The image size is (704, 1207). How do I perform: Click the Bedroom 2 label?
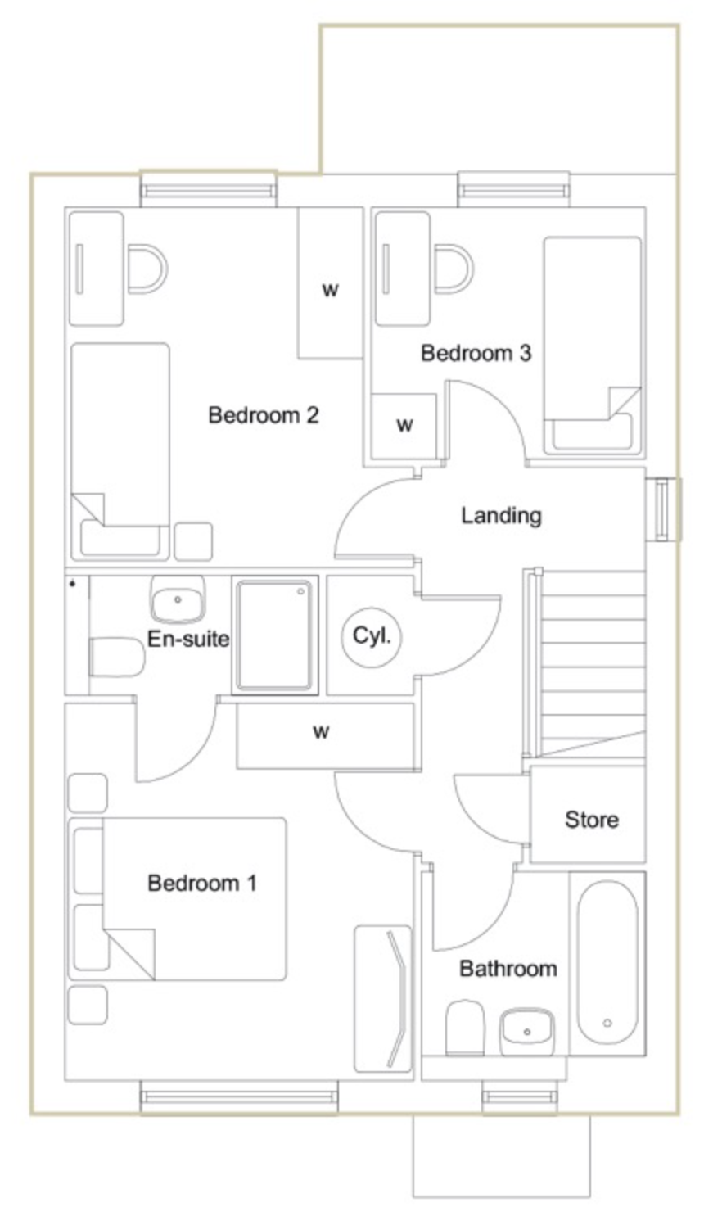264,415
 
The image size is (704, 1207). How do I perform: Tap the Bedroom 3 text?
476,353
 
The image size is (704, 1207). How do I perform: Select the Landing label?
502,516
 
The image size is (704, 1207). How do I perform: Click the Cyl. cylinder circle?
371,637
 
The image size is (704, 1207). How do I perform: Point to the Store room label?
592,820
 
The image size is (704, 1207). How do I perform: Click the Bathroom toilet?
465,1027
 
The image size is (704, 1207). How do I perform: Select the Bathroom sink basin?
527,1031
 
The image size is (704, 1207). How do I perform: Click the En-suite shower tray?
275,635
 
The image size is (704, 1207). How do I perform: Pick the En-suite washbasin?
178,599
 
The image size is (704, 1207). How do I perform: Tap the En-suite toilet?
117,657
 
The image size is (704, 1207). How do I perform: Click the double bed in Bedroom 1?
177,899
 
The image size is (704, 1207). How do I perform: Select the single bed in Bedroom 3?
593,346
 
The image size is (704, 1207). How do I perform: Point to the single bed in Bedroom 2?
120,451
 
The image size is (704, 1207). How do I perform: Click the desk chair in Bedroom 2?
147,269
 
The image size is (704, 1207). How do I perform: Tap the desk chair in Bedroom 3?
454,269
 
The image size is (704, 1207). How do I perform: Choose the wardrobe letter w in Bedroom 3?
404,425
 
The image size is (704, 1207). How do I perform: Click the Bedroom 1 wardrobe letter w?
321,732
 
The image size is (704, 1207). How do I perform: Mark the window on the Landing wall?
663,509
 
